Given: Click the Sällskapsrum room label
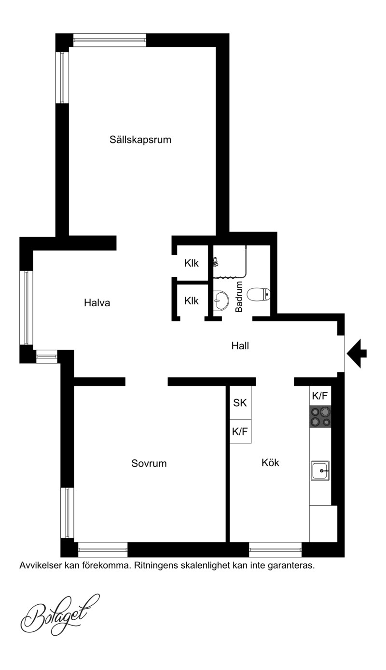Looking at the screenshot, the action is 140,140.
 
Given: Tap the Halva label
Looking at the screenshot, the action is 97,303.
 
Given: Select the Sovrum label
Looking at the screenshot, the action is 149,463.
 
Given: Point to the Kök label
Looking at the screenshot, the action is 270,462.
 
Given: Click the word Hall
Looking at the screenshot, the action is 240,346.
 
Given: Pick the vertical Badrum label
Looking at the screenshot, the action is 239,297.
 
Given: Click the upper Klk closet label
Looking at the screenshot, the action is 191,263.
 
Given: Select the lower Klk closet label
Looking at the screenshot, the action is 191,300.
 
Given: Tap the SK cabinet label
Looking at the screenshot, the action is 240,403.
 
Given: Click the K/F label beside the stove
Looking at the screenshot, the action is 320,396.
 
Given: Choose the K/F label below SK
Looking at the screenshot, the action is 240,431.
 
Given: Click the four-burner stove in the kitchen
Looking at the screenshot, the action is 320,416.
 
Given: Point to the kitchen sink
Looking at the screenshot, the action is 320,470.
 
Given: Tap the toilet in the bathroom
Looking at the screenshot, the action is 259,294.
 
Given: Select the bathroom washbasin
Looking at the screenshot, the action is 221,300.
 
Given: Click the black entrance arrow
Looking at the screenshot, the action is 357,354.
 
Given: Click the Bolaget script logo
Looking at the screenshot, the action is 60,615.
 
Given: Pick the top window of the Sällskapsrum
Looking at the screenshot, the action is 110,40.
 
